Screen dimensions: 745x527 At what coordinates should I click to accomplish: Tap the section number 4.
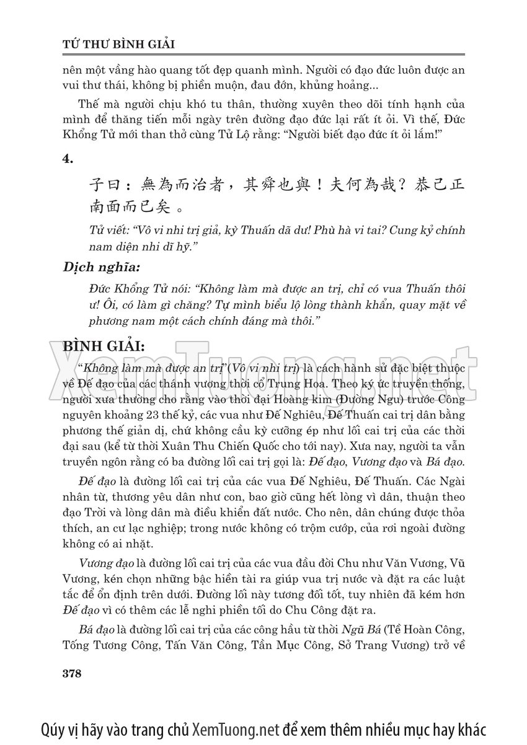pyautogui.click(x=68, y=159)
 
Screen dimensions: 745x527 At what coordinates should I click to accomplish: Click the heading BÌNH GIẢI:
pyautogui.click(x=104, y=345)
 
